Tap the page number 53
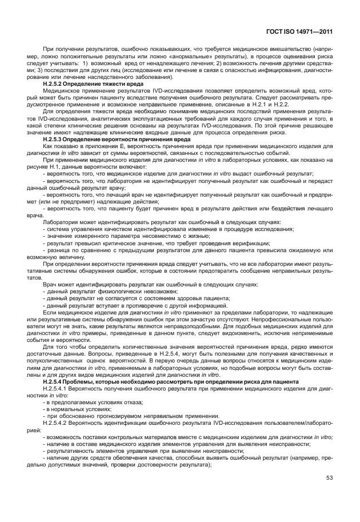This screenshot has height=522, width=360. (x=329, y=479)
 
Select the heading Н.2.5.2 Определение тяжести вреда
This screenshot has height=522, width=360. (x=93, y=84)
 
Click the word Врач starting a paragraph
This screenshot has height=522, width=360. (x=50, y=284)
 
